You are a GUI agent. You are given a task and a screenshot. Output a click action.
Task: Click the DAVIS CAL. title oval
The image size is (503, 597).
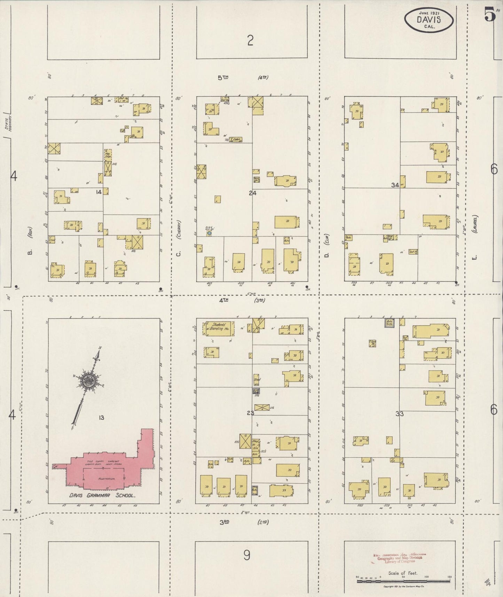[x=429, y=20]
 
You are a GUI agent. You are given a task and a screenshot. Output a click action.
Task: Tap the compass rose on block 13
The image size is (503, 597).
[x=86, y=381]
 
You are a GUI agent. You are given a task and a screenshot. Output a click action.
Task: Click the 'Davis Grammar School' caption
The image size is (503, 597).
[x=102, y=495]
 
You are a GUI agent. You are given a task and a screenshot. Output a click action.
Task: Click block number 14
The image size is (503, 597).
[x=99, y=192]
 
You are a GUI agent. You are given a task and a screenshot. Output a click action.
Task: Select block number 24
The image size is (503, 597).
[x=253, y=192]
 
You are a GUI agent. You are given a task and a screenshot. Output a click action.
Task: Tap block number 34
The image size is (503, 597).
[x=395, y=185]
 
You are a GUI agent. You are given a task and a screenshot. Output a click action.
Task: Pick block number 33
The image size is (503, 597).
[x=399, y=414]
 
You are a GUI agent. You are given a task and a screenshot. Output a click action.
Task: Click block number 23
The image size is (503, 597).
[x=250, y=413]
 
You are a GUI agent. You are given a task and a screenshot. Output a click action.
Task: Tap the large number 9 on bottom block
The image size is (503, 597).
[x=246, y=555]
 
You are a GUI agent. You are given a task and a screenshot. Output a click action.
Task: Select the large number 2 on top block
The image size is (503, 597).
[x=250, y=41]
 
